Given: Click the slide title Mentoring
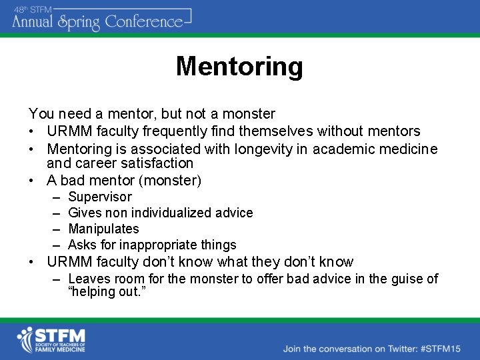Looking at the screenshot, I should click(x=239, y=67).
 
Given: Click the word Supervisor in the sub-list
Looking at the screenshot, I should click(x=100, y=197).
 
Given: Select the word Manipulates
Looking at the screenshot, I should click(x=103, y=229).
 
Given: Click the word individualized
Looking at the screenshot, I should click(x=174, y=213).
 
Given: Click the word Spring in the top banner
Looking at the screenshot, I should click(x=78, y=23).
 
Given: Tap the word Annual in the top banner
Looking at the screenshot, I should click(x=33, y=21).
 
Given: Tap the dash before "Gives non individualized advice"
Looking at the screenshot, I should click(x=54, y=213).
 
